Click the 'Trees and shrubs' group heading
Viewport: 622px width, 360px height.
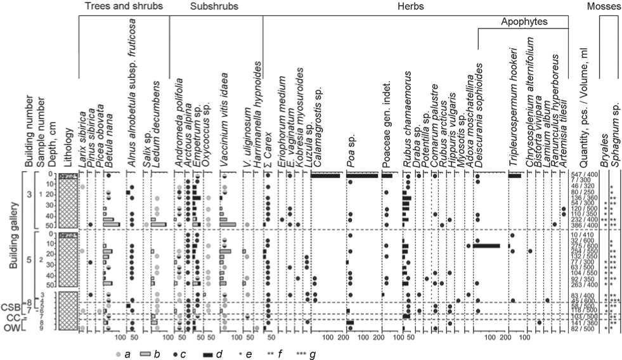coord(124,7)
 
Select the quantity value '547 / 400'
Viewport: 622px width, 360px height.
coord(583,174)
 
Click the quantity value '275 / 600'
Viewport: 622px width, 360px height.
coord(583,246)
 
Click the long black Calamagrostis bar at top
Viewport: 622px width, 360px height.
coord(326,175)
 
